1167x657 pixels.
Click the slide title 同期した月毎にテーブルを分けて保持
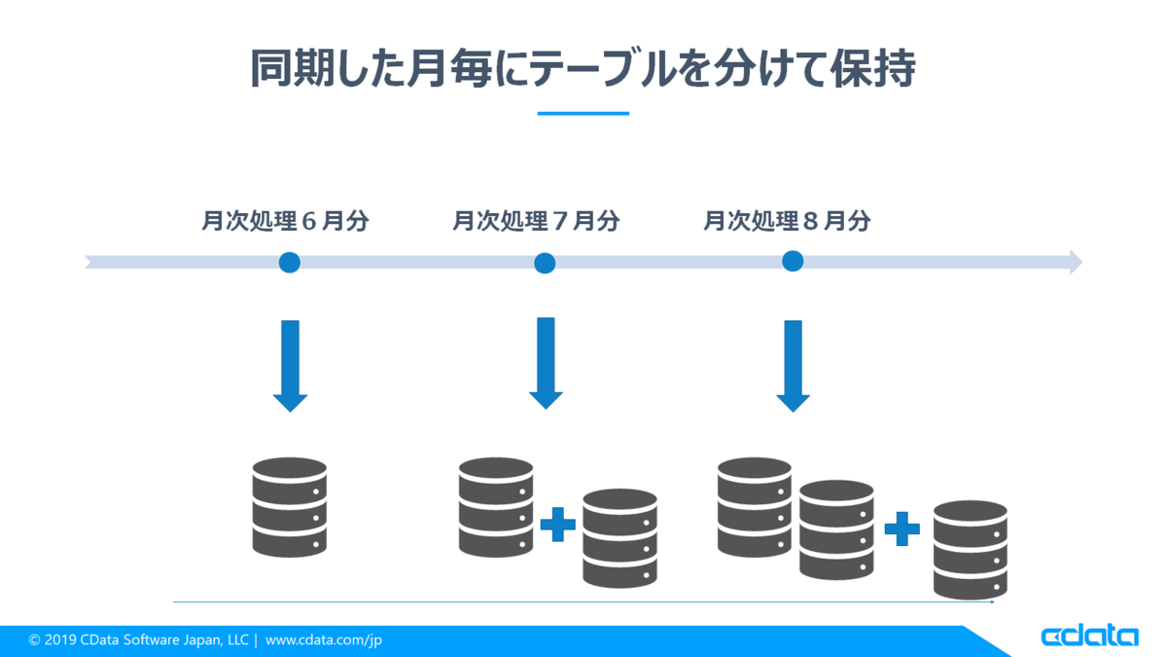click(583, 68)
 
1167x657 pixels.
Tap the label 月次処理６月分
click(286, 221)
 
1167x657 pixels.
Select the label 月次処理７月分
click(536, 221)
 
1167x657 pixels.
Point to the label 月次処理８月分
click(787, 221)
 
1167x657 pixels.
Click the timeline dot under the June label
click(290, 262)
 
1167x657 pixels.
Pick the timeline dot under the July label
click(545, 263)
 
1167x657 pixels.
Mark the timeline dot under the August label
click(793, 261)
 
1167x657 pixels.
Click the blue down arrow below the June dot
click(290, 366)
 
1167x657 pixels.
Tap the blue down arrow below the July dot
click(546, 363)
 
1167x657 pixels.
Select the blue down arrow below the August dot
click(793, 366)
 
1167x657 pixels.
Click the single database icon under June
click(290, 507)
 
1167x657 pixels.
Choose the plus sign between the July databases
click(558, 524)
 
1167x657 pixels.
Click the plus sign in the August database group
click(902, 529)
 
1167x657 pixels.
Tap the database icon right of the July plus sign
click(620, 538)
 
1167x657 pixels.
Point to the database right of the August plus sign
click(971, 550)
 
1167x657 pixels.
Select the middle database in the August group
click(836, 529)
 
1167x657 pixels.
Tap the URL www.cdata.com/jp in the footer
click(324, 639)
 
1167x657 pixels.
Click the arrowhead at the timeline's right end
click(1077, 262)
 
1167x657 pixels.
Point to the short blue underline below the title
click(583, 113)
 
